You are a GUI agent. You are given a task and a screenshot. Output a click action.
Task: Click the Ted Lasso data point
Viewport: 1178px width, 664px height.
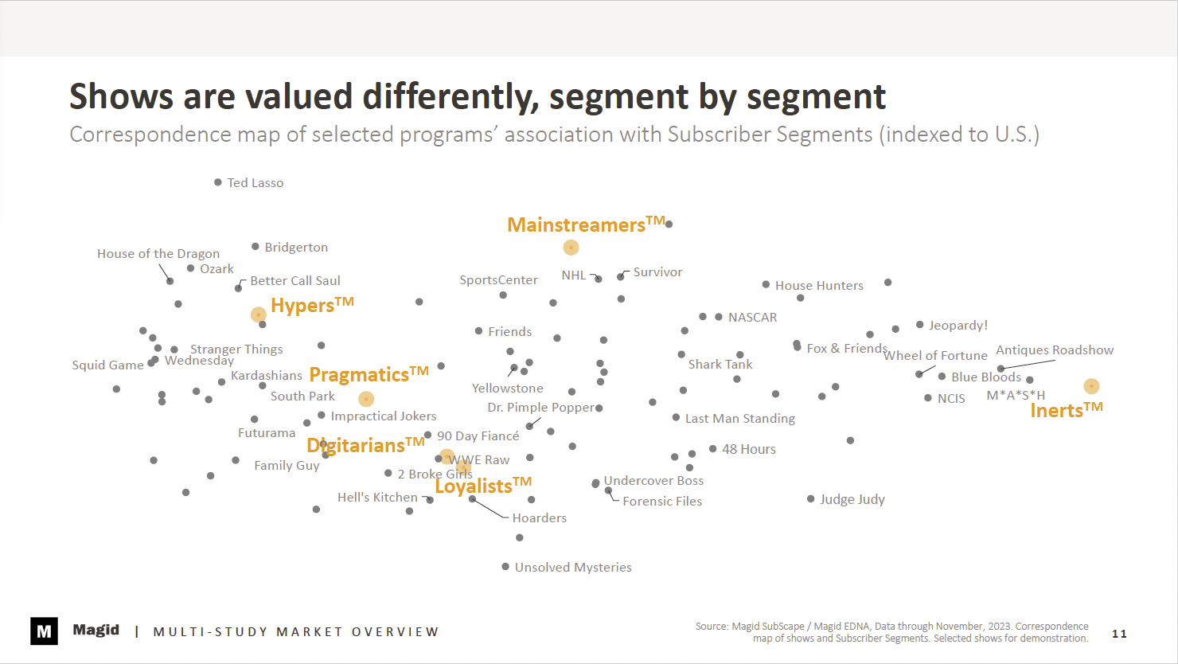218,182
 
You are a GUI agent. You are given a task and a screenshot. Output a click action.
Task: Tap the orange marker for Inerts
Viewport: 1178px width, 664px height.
1091,386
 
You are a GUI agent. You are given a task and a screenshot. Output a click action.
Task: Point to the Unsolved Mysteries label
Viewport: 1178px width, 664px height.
573,568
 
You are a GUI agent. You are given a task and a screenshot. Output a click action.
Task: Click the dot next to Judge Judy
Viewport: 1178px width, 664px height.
811,499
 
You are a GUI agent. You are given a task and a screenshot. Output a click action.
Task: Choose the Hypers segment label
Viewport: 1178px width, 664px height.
311,306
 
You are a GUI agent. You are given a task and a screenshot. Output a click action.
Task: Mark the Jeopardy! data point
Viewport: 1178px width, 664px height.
920,325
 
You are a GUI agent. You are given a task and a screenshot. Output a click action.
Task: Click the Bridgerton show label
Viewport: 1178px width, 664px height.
296,248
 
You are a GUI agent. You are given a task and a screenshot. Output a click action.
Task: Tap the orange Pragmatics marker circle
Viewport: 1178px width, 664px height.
366,399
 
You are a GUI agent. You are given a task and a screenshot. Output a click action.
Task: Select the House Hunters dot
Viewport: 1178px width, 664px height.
766,284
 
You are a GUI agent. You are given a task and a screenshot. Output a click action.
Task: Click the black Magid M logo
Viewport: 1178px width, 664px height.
44,631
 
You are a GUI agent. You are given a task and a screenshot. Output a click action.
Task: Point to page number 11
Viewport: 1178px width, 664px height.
1119,634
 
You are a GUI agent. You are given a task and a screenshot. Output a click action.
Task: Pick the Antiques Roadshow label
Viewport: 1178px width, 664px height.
1055,350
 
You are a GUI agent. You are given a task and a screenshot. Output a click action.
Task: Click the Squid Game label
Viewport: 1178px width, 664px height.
107,365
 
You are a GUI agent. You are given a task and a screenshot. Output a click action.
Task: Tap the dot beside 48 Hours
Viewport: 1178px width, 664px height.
713,449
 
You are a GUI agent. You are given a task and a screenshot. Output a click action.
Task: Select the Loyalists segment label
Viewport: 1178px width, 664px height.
482,486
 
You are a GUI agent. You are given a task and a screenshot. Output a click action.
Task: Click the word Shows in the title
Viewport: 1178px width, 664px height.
121,97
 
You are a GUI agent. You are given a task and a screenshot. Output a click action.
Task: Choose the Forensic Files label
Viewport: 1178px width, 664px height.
662,502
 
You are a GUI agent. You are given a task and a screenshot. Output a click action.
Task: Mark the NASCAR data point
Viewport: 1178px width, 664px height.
719,317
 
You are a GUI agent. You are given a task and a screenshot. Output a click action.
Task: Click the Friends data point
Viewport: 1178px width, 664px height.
479,331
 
